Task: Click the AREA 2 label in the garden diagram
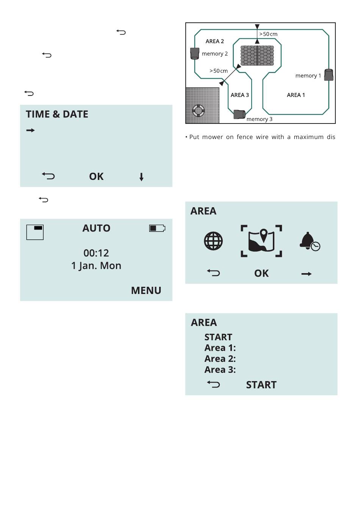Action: click(x=214, y=41)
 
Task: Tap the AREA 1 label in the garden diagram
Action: click(x=296, y=95)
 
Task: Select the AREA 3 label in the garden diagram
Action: click(x=239, y=95)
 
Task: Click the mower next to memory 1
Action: click(x=329, y=75)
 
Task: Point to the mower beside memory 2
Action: click(x=194, y=53)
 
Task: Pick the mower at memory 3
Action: click(x=239, y=114)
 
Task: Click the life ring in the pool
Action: click(x=198, y=111)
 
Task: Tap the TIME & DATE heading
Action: click(x=57, y=114)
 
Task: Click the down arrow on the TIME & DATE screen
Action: click(x=141, y=177)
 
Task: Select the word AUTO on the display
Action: click(x=96, y=228)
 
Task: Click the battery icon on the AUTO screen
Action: click(x=157, y=228)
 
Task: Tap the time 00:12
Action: click(x=96, y=253)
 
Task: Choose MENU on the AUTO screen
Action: click(x=146, y=291)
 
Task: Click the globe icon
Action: click(x=213, y=241)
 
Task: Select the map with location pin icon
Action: click(x=261, y=241)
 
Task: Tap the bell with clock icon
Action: click(x=309, y=241)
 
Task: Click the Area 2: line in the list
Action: click(x=220, y=359)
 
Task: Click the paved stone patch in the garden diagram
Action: click(x=257, y=56)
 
